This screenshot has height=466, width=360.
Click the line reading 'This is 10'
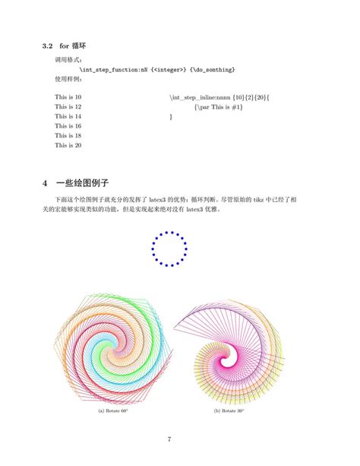pyautogui.click(x=68, y=98)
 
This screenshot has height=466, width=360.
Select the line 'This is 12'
pyautogui.click(x=68, y=107)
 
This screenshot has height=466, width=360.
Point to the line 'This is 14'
pyautogui.click(x=68, y=116)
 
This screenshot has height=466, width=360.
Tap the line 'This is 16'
pyautogui.click(x=68, y=125)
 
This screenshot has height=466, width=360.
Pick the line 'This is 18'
pyautogui.click(x=68, y=135)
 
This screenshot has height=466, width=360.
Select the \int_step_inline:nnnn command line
pyautogui.click(x=220, y=98)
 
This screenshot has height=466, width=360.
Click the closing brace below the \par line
pyautogui.click(x=171, y=116)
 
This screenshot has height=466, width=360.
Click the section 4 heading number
pyautogui.click(x=46, y=183)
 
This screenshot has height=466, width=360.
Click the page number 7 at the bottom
pyautogui.click(x=169, y=439)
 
